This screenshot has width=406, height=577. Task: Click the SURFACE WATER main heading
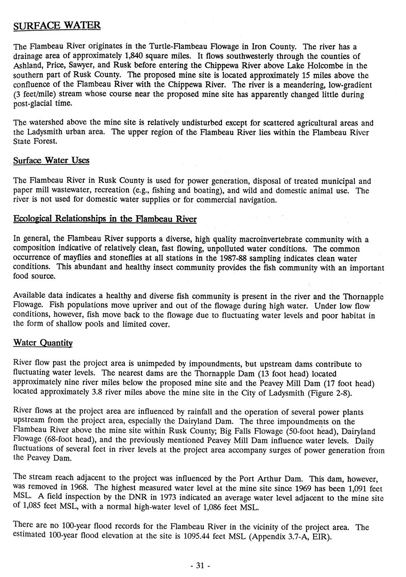(x=57, y=26)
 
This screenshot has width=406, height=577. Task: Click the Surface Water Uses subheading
(x=51, y=161)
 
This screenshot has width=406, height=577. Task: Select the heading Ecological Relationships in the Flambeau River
(x=105, y=219)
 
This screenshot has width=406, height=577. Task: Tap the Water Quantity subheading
(x=43, y=343)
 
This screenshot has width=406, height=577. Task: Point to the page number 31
(x=200, y=566)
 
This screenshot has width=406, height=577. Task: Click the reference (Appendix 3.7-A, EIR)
(x=290, y=537)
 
